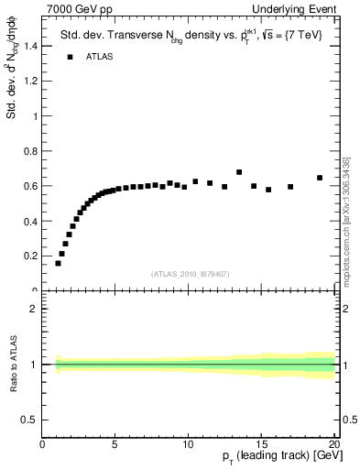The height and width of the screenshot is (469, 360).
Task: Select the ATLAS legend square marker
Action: [x=69, y=57]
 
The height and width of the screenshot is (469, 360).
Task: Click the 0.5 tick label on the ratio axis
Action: [x=29, y=420]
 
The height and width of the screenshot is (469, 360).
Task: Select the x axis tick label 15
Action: [x=260, y=446]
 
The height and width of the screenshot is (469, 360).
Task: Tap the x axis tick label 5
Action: [x=115, y=446]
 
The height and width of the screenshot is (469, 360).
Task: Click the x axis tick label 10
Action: [x=188, y=446]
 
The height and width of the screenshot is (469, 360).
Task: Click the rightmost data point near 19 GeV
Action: [x=320, y=178]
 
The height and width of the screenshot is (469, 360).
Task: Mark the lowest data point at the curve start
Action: [x=58, y=263]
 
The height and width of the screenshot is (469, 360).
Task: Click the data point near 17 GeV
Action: [x=290, y=187]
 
